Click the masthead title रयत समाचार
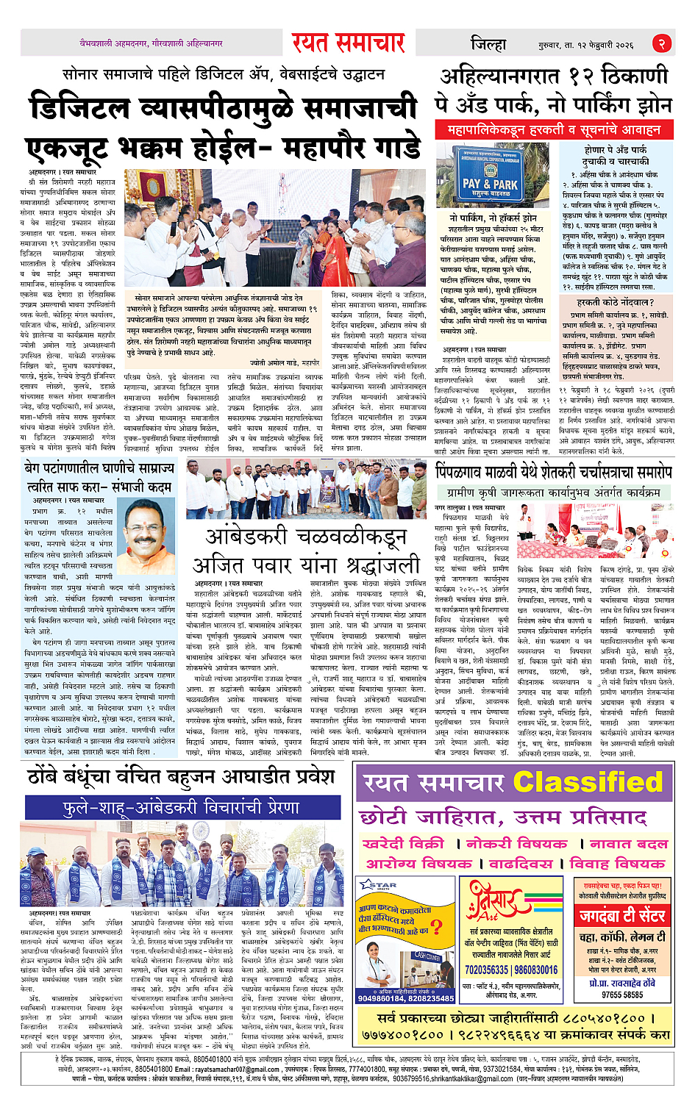pos(348,43)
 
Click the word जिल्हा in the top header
pos(488,44)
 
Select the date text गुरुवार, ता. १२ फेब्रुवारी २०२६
pos(585,45)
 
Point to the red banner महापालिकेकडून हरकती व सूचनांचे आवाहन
pos(554,130)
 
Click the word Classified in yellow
pos(588,782)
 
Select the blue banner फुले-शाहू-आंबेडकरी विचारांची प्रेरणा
pos(182,807)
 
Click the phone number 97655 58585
pos(622,995)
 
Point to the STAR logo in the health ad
pos(379,885)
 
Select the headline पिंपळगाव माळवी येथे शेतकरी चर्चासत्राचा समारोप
pos(553,471)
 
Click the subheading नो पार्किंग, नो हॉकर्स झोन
pos(493,218)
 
